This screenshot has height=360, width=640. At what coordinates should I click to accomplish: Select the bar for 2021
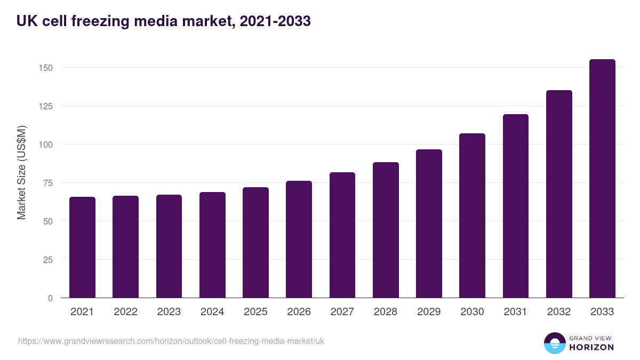[x=82, y=247]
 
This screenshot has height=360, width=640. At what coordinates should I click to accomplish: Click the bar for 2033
[x=602, y=179]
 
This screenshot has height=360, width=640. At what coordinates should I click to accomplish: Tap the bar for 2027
[x=342, y=235]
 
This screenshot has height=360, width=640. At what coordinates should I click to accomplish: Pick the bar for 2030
[x=472, y=216]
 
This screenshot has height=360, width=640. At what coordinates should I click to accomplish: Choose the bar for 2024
[x=212, y=245]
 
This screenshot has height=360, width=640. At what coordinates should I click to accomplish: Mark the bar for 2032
[x=559, y=194]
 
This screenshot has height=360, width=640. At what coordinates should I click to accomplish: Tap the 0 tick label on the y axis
[x=50, y=298]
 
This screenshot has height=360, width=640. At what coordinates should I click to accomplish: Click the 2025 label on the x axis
[x=255, y=312]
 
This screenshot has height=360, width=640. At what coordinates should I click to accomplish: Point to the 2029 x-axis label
[x=429, y=312]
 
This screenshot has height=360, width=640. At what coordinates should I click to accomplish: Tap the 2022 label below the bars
[x=125, y=312]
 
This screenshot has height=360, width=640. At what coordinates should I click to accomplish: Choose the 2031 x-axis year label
[x=516, y=312]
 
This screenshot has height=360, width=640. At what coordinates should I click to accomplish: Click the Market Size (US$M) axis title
[x=21, y=172]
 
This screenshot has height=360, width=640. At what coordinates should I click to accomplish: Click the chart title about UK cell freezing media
[x=163, y=21]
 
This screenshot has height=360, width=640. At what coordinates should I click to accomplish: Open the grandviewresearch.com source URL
[x=171, y=341]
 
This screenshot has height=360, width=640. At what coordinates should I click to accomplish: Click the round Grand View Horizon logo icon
[x=555, y=343]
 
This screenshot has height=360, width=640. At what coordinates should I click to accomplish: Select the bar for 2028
[x=386, y=230]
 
